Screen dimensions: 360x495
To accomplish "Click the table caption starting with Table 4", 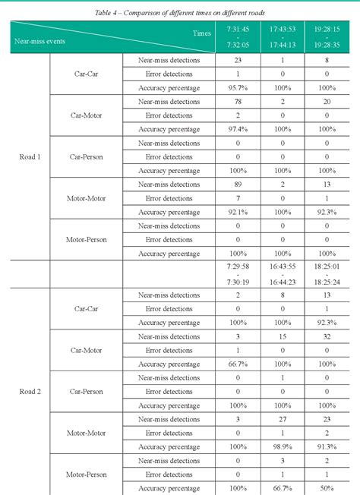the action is click(180, 13).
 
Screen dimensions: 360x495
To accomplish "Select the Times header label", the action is click(202, 33).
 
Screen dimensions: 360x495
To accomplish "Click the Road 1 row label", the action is click(30, 157).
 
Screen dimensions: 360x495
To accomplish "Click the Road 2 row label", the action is click(30, 392).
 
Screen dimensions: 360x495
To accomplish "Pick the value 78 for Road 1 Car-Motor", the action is click(238, 102).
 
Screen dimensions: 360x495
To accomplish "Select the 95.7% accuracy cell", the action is click(238, 88).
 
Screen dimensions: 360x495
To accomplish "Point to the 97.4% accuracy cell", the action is click(238, 129).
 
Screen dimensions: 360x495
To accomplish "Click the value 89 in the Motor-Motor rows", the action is click(238, 184).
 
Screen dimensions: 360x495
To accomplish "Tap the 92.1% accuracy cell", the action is click(238, 213).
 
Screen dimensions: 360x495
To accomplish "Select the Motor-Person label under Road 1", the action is click(85, 240).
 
